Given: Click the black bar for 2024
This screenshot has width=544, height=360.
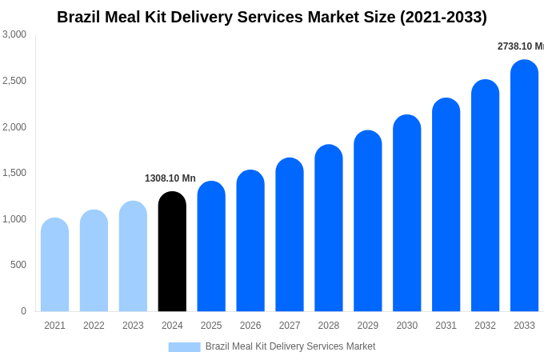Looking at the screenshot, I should (x=172, y=252).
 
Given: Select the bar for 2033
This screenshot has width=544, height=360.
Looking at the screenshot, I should (x=524, y=186).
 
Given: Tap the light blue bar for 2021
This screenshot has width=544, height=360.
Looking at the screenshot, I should (x=54, y=265).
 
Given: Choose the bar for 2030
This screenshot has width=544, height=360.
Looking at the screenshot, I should (x=406, y=214).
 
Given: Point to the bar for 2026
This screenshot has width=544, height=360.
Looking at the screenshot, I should (x=250, y=241).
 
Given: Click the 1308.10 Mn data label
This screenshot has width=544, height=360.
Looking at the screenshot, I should (x=170, y=178).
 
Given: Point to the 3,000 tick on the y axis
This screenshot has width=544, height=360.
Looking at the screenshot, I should (x=14, y=34).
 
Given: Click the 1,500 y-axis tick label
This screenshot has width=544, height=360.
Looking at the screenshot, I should (x=14, y=173).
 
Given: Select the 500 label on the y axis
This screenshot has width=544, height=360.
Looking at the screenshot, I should (x=18, y=265).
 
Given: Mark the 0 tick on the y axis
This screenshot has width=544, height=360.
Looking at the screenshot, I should (x=23, y=311).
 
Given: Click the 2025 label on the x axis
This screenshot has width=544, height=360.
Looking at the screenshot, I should (x=211, y=326).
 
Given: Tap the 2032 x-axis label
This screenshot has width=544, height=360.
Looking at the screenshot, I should (x=485, y=326).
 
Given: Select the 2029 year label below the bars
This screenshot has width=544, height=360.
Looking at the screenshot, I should (x=368, y=326).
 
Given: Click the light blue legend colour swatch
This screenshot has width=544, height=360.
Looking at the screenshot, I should (x=184, y=347).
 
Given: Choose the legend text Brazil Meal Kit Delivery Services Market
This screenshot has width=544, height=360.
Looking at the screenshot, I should (x=290, y=346).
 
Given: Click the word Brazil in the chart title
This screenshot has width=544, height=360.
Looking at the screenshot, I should (x=78, y=17).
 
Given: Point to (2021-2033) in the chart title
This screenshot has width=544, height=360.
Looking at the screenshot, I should (x=443, y=17).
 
